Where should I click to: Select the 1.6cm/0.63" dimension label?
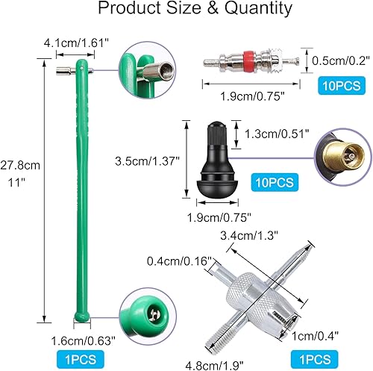[81, 340]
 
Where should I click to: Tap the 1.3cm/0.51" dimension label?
[268, 135]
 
